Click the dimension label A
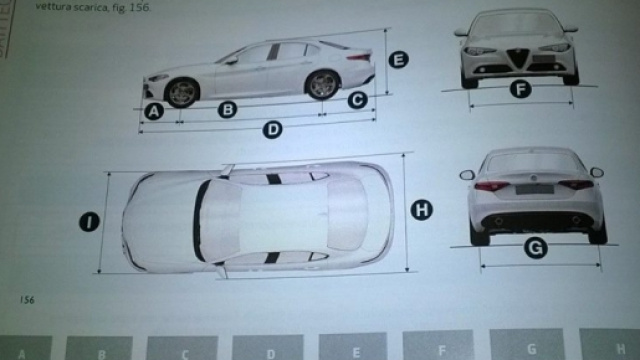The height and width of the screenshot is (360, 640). pyautogui.click(x=153, y=112)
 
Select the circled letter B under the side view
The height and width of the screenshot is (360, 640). pyautogui.click(x=227, y=110)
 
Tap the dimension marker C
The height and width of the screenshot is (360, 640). pyautogui.click(x=356, y=99)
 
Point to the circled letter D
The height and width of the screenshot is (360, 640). pyautogui.click(x=272, y=129)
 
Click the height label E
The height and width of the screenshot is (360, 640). pyautogui.click(x=398, y=60)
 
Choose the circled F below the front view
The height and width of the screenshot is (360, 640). pyautogui.click(x=519, y=90)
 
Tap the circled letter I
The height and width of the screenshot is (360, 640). pyautogui.click(x=89, y=222)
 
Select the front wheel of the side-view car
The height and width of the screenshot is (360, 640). pyautogui.click(x=182, y=91)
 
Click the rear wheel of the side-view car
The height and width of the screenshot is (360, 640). pyautogui.click(x=321, y=85)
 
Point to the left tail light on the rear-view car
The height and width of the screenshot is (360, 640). pyautogui.click(x=491, y=186)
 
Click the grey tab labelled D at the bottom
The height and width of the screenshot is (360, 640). pyautogui.click(x=270, y=349)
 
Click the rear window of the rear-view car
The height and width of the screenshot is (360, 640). pyautogui.click(x=538, y=162)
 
